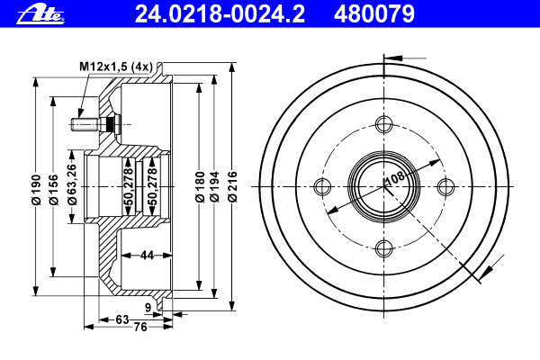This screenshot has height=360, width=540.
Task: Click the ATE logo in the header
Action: click(40, 14)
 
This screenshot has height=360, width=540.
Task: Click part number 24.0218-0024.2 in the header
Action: click(220, 14)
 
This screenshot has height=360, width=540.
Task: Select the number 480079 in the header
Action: click(374, 14)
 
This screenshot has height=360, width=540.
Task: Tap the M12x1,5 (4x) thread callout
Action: click(116, 67)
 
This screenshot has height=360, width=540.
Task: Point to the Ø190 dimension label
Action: click(36, 190)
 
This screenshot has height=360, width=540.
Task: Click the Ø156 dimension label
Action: click(54, 190)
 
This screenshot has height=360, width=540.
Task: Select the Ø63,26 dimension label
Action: click(72, 184)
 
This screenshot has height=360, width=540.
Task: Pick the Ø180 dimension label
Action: click(200, 186)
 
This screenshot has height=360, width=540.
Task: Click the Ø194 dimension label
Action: click(214, 186)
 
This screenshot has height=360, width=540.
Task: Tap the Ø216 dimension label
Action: click(233, 186)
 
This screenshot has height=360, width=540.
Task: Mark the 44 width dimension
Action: click(147, 256)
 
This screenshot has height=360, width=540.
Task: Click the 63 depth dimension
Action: click(122, 319)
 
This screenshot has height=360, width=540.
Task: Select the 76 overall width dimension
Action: click(140, 327)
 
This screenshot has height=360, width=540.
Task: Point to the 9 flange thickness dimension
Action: click(148, 308)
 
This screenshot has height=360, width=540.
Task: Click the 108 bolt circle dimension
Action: click(395, 178)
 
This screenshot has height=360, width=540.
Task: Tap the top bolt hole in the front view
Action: click(384, 124)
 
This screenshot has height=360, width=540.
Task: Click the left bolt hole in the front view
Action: click(323, 186)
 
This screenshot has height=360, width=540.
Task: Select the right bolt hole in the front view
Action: click(445, 186)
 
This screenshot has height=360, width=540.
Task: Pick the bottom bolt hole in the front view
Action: click(384, 248)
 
